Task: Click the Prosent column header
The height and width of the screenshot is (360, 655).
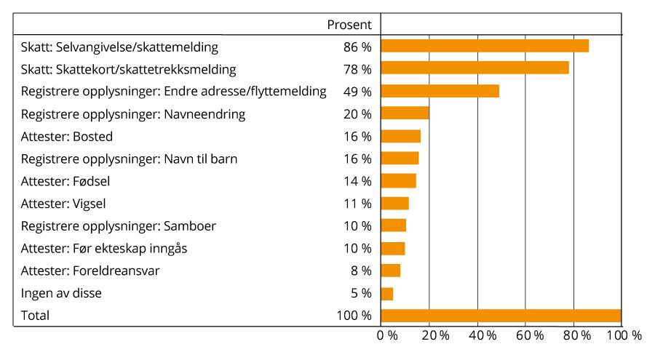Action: pos(349,25)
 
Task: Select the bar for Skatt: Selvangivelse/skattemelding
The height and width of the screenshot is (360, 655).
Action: pos(485,47)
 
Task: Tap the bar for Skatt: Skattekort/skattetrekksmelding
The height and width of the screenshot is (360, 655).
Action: pos(475,68)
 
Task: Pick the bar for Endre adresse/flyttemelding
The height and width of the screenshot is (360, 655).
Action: pos(440,91)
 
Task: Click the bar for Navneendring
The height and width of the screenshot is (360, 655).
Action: pos(405,113)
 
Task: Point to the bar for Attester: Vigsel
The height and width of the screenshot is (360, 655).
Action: pos(394,204)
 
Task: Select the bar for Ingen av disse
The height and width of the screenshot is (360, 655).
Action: pos(387,294)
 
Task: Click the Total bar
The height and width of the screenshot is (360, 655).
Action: pos(501,316)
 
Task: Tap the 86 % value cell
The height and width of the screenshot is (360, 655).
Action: pos(357,47)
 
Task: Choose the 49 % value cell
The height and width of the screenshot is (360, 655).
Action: pos(357,92)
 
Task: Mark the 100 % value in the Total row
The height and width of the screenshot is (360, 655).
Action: pos(354,316)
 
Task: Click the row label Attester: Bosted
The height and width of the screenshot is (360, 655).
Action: pos(67,137)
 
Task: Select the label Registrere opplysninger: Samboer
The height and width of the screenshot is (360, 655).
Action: pos(119,226)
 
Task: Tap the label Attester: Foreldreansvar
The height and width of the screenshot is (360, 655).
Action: pos(90,271)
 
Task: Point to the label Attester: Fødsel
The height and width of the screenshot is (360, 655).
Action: pos(65,181)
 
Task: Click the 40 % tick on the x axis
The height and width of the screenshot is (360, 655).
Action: pos(483,336)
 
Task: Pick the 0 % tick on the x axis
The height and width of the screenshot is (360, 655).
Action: pos(387,336)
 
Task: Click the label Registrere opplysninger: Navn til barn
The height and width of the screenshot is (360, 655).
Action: pos(130,159)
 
